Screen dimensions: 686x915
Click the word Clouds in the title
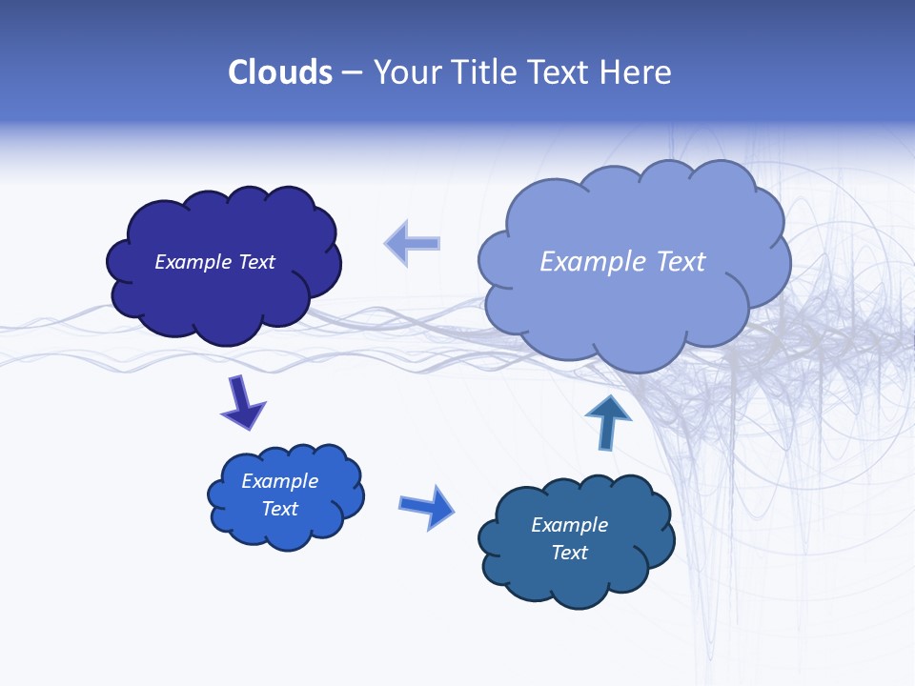pos(280,72)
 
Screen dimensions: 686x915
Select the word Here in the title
pos(639,72)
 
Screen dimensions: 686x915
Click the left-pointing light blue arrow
pos(413,244)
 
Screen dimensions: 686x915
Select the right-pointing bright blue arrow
pos(427,506)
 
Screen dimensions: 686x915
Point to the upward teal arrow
pos(607,421)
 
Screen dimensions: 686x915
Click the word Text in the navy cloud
pos(256,262)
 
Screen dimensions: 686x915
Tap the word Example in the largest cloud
pos(595,262)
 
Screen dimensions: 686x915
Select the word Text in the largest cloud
pos(681,262)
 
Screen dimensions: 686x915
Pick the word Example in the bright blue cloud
pos(280,481)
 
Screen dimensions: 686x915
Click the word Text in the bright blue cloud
pos(280,509)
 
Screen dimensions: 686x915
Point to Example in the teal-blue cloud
pos(570,525)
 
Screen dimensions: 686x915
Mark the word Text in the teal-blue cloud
pos(570,553)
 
